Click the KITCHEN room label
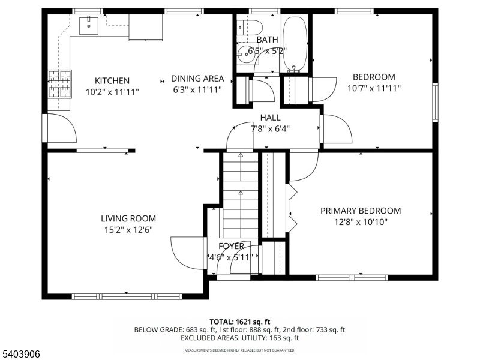tap(112, 81)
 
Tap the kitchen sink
tap(89, 26)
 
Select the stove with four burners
tap(59, 84)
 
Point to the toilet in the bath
tap(250, 27)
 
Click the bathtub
tap(295, 44)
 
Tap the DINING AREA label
tap(197, 79)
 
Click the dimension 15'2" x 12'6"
tap(128, 230)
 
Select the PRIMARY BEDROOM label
tap(361, 211)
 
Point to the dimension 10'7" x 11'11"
tap(374, 88)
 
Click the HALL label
tap(271, 118)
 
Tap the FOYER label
tap(232, 246)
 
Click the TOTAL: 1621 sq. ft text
tap(239, 322)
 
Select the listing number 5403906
tap(20, 354)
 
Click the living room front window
tap(127, 296)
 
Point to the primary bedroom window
tap(352, 278)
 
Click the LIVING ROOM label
tap(128, 218)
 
